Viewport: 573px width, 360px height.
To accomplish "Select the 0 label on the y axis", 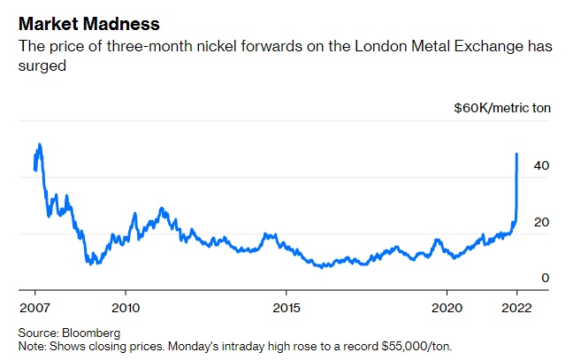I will pyautogui.click(x=546, y=278).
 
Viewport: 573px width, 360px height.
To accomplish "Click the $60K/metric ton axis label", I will pyautogui.click(x=501, y=107).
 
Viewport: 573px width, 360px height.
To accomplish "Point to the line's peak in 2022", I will pyautogui.click(x=516, y=154).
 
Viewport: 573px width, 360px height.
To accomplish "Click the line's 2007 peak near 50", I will pyautogui.click(x=40, y=144).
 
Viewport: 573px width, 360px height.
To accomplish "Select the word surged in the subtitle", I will pyautogui.click(x=43, y=65).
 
